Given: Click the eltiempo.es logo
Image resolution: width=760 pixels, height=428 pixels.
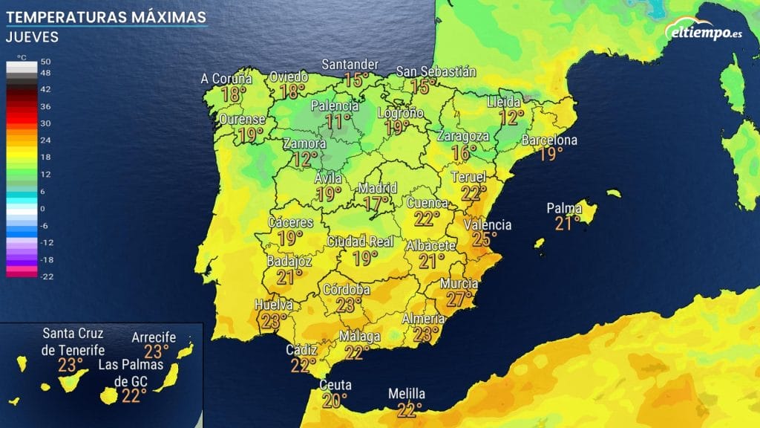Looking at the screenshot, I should click(x=705, y=33).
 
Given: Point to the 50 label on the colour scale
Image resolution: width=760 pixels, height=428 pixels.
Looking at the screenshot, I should click(x=46, y=61).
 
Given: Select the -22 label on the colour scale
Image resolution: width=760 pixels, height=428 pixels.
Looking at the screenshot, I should click(x=45, y=276).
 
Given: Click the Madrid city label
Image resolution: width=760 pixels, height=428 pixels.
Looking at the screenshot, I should click(x=378, y=187).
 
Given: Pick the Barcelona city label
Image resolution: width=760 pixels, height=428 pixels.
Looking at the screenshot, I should click(x=549, y=140).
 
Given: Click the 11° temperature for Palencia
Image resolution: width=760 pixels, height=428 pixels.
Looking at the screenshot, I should click(x=339, y=121).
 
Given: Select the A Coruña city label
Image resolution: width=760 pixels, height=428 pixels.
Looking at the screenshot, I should click(x=226, y=79).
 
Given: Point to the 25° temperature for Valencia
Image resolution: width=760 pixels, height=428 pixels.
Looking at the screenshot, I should click(x=485, y=239).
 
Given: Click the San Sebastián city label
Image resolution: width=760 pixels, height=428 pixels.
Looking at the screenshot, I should click(x=436, y=72).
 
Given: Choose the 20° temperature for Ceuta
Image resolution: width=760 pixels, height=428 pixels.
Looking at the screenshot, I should click(x=335, y=400).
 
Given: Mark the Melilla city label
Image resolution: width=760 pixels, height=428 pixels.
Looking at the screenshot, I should click(x=407, y=394).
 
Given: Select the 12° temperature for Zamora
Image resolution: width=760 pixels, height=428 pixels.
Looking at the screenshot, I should click(x=304, y=158).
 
